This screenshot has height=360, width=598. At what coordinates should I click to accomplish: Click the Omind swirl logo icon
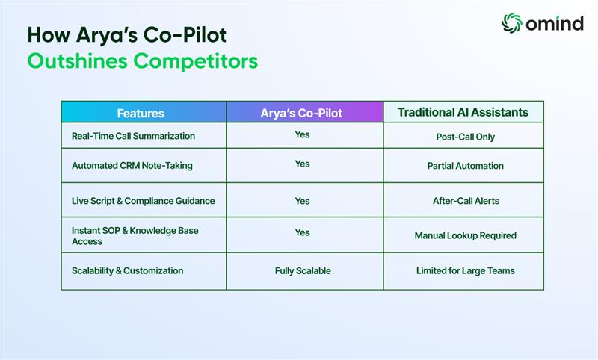511,23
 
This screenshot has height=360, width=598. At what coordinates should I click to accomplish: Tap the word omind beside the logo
555,24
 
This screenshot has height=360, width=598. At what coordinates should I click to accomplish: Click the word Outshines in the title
78,61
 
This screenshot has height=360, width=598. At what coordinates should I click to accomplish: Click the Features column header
141,113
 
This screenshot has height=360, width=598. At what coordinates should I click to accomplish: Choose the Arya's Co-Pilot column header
301,113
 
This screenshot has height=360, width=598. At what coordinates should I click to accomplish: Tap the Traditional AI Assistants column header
463,112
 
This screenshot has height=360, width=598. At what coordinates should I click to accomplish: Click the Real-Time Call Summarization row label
134,136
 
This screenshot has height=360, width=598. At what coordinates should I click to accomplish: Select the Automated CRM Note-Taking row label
132,166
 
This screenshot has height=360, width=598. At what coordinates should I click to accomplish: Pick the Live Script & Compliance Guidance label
144,201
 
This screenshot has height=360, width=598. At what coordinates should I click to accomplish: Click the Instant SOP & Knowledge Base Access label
135,236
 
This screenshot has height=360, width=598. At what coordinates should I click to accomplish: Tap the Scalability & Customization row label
128,271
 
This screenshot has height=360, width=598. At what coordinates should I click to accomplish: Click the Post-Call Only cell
465,137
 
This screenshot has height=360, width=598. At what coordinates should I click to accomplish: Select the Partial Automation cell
465,166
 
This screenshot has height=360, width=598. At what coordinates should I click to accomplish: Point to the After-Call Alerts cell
466,201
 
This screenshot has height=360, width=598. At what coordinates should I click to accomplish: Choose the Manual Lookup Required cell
466,235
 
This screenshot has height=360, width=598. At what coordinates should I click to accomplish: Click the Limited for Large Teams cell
466,271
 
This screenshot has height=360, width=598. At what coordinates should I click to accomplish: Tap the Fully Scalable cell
303,271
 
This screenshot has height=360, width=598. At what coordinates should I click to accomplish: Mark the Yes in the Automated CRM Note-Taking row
303,164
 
